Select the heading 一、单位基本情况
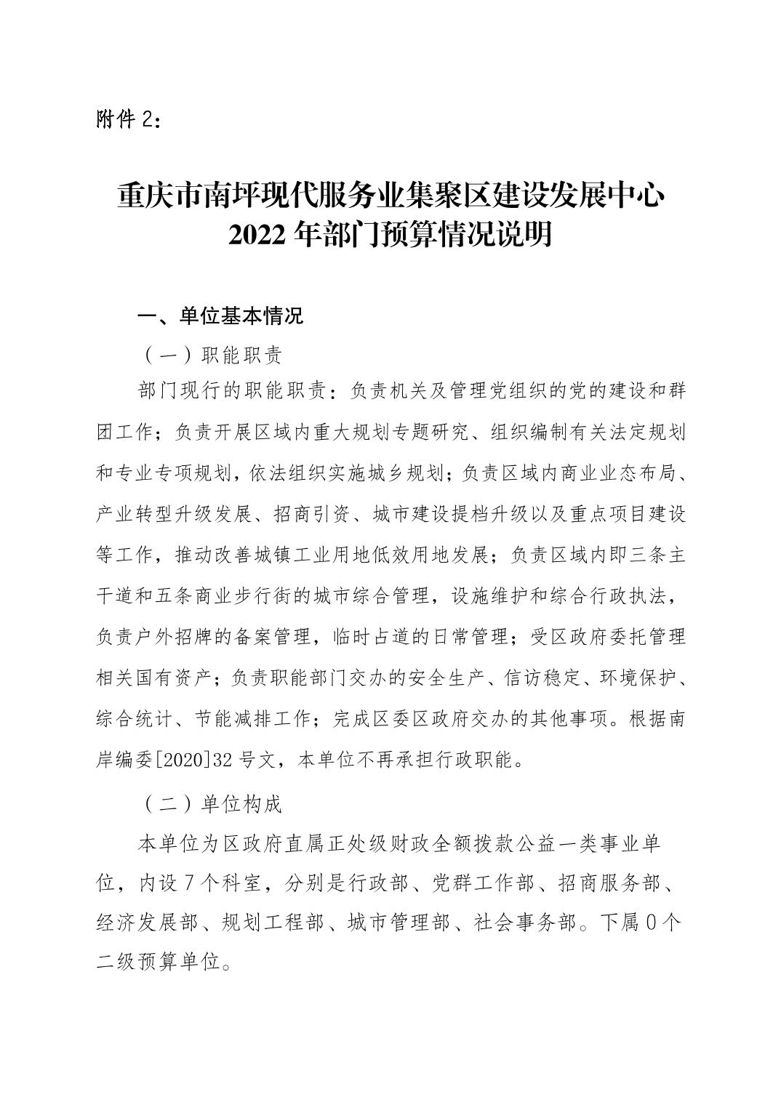(x=220, y=317)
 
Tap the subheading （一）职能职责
(x=212, y=355)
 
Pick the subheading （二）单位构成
(x=212, y=805)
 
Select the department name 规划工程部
(x=273, y=923)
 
